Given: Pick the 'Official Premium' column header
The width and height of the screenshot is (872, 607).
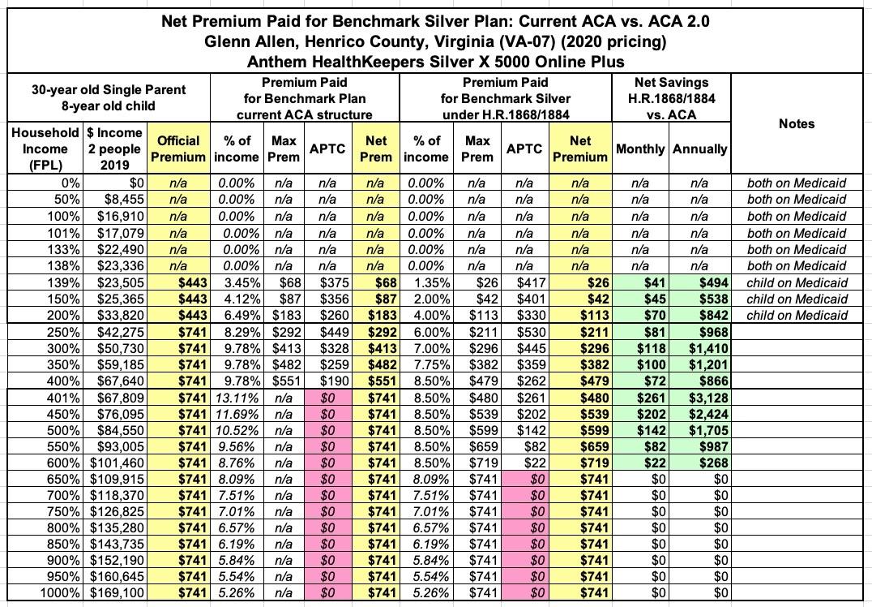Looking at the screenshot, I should coord(178,149).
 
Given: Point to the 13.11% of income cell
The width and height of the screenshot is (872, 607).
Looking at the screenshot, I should coord(237,397).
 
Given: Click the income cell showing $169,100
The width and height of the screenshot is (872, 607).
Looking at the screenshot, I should coord(114,593).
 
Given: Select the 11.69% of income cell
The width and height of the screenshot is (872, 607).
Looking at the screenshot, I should coord(237,413).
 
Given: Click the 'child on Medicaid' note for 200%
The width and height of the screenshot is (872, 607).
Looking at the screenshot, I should coord(797,315).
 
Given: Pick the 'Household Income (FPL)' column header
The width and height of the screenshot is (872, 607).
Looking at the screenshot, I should coord(45,149).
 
